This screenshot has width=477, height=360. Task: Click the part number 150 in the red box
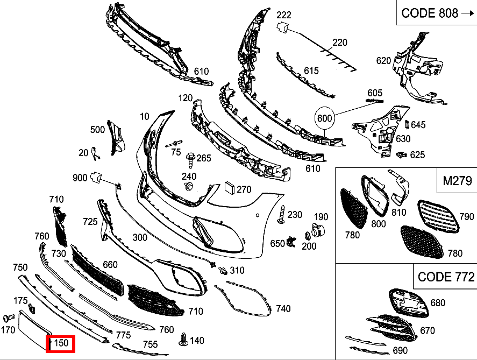point(61,343)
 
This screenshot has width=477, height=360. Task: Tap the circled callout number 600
point(324,118)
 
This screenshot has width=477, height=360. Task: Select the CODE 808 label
point(430,13)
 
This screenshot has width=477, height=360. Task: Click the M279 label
point(457,181)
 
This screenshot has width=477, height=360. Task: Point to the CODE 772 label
point(446,277)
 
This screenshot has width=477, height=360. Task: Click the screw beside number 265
point(190,160)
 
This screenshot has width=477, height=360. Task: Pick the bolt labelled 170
point(9,318)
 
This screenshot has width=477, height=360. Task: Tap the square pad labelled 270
point(230,187)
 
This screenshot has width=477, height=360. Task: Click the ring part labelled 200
point(307,236)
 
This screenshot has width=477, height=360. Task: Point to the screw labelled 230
point(282,215)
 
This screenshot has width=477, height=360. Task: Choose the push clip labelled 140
point(183,340)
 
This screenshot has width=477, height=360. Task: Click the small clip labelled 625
point(402,155)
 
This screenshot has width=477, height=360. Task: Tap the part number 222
point(284,15)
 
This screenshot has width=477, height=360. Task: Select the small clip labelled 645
point(407,124)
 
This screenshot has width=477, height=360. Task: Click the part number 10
point(145,116)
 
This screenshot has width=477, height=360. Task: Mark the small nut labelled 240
point(188,186)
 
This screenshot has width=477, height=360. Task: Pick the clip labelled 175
point(32,309)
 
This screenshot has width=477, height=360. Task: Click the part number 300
point(140,237)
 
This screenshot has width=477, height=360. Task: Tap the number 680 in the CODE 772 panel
point(438,303)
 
